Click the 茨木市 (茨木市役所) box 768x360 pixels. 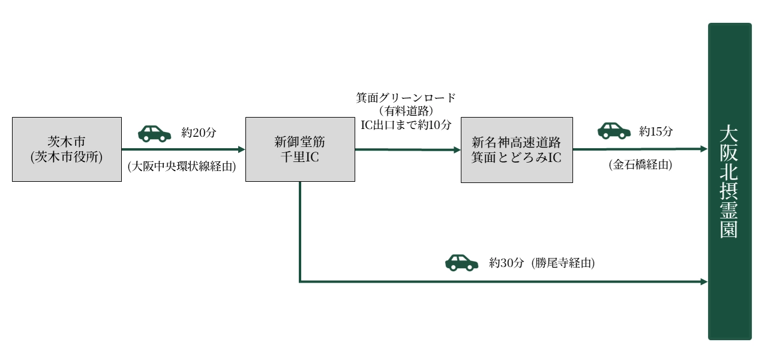point(67,149)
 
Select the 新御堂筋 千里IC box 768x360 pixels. point(299,149)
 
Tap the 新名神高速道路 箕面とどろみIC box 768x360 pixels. point(517,149)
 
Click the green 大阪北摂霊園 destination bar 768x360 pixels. point(730,181)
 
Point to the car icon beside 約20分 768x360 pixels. point(154,133)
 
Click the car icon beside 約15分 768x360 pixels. point(614,130)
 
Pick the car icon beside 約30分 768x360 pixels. point(461,262)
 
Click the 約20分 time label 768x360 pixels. point(199,133)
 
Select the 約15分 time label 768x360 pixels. point(656,131)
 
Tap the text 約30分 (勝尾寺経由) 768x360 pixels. point(542,262)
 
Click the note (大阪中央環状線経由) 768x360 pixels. point(182,167)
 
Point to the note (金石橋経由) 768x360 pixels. point(640,164)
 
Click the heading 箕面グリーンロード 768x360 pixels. point(406,97)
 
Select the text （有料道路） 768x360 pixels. point(406,111)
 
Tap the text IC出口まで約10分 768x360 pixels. point(406,124)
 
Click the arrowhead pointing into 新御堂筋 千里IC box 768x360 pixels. point(242,149)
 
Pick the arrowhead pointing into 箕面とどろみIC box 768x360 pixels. point(457,149)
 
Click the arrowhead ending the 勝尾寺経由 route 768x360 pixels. point(704,281)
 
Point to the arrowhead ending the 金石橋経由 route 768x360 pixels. point(704,149)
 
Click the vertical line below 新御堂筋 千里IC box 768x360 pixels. point(299,231)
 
